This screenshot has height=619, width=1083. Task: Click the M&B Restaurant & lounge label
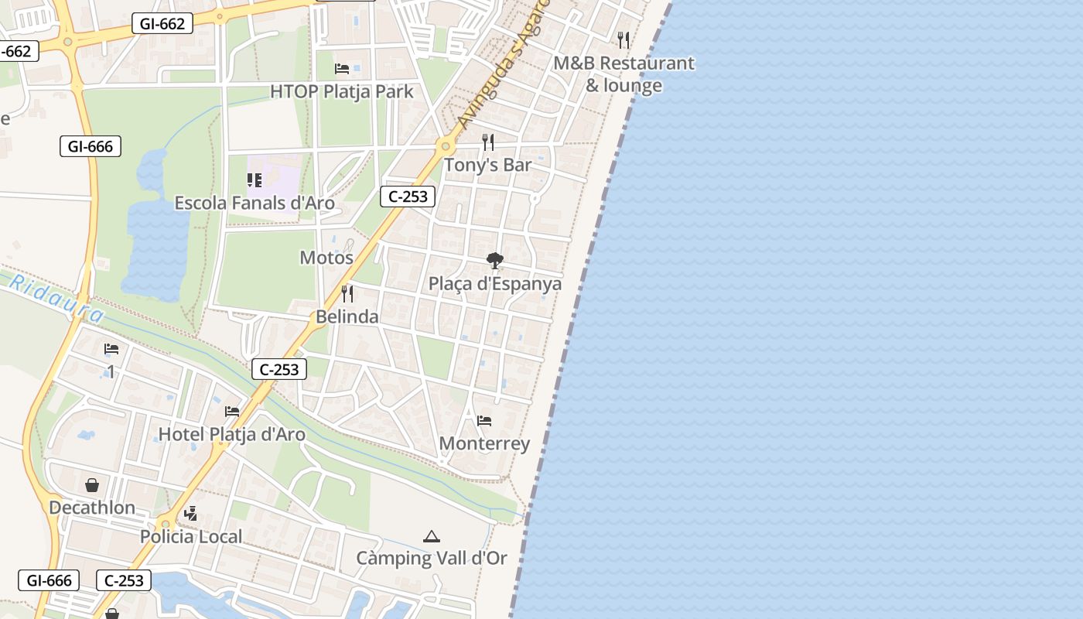click(x=623, y=74)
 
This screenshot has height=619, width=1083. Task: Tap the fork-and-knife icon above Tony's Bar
click(x=488, y=142)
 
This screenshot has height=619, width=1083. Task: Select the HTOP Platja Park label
click(x=341, y=91)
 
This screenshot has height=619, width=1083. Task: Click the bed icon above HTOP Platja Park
click(x=342, y=69)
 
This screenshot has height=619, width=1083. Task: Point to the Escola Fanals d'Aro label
click(x=255, y=203)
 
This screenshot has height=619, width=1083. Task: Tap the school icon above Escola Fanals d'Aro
click(x=255, y=180)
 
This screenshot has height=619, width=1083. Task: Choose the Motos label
click(x=326, y=258)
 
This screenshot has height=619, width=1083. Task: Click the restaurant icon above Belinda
click(x=347, y=294)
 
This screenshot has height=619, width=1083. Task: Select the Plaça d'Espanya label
click(x=495, y=284)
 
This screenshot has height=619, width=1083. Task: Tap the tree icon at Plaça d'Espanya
click(x=495, y=261)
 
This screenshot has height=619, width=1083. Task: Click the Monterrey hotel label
click(x=484, y=443)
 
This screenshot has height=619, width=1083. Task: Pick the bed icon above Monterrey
click(x=484, y=421)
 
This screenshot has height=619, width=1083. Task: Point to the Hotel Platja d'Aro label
click(x=232, y=434)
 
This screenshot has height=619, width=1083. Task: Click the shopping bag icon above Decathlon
click(x=92, y=485)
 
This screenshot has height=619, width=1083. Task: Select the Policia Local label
click(x=191, y=536)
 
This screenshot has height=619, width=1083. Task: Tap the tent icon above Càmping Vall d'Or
click(x=432, y=535)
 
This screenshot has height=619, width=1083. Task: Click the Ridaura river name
click(x=56, y=299)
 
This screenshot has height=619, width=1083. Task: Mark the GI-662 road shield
click(x=162, y=24)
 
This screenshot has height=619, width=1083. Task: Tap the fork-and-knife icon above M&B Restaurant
click(x=623, y=39)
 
